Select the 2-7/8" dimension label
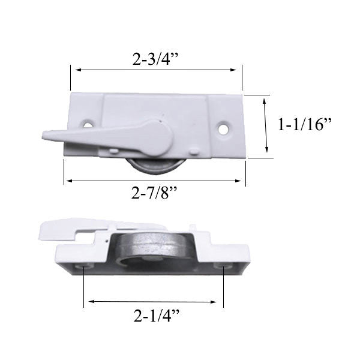[x=155, y=194]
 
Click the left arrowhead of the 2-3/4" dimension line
[x=74, y=70]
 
